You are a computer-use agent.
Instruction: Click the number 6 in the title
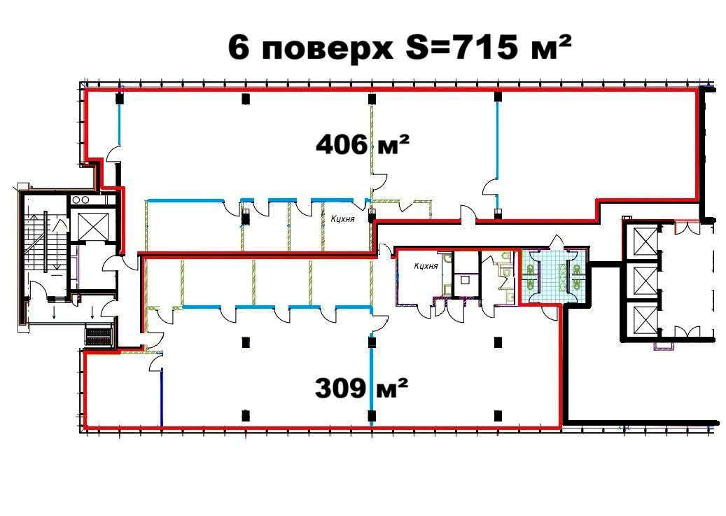click(x=239, y=50)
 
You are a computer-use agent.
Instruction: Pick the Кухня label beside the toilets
click(x=426, y=265)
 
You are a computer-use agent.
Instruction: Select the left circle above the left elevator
click(x=76, y=199)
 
